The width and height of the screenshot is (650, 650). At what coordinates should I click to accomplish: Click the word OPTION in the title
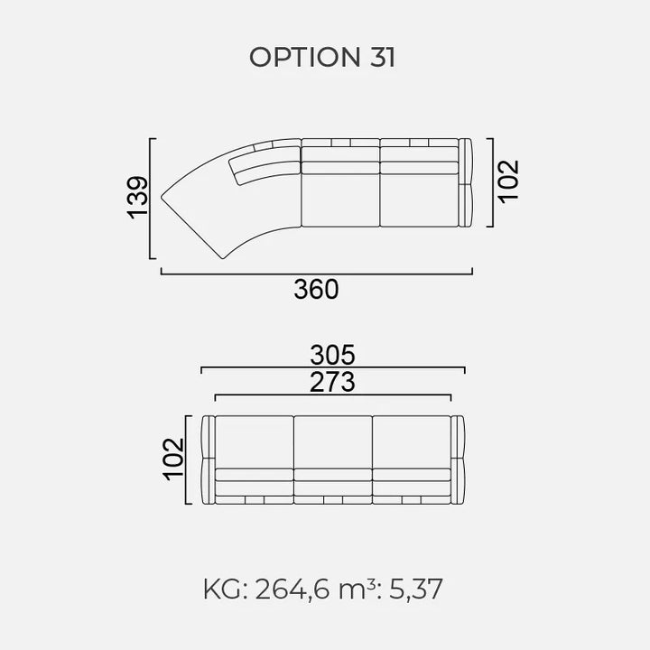pyautogui.click(x=305, y=57)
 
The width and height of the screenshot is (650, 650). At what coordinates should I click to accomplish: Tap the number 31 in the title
pyautogui.click(x=382, y=57)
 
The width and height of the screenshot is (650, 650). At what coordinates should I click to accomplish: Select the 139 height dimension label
pyautogui.click(x=137, y=198)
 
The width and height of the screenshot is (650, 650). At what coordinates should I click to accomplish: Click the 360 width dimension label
pyautogui.click(x=316, y=290)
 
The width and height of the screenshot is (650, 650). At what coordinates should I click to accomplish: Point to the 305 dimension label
pyautogui.click(x=333, y=355)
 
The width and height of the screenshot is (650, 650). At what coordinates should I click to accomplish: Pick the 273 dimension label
pyautogui.click(x=332, y=382)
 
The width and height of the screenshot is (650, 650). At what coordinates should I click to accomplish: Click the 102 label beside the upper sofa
pyautogui.click(x=508, y=181)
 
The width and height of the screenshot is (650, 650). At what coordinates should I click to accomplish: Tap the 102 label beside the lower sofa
pyautogui.click(x=173, y=460)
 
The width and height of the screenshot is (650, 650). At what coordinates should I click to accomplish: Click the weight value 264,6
pyautogui.click(x=292, y=589)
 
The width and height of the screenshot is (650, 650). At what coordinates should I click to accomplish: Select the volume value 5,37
pyautogui.click(x=416, y=589)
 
